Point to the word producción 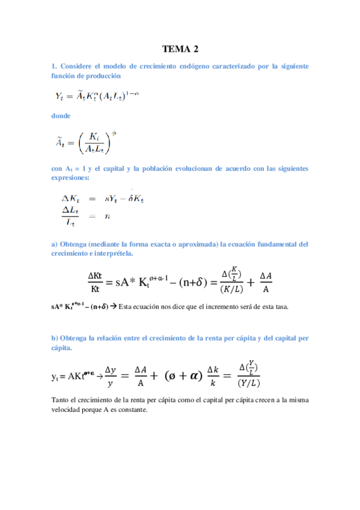point(105,76)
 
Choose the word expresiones point(72,178)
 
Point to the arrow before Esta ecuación point(113,307)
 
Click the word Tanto point(62,400)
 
